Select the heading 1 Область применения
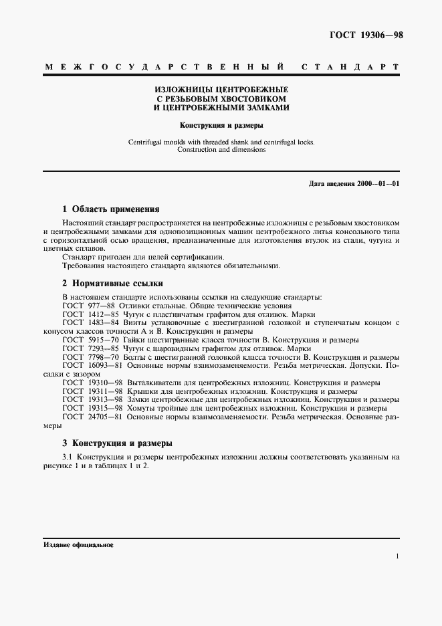point(110,209)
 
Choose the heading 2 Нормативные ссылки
point(112,283)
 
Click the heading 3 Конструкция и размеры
point(117,443)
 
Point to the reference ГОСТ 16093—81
point(90,366)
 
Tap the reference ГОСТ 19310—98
point(90,383)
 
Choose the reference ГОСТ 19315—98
point(90,408)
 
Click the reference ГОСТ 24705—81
point(90,417)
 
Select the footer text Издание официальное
point(78,545)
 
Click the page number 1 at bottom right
point(397,556)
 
